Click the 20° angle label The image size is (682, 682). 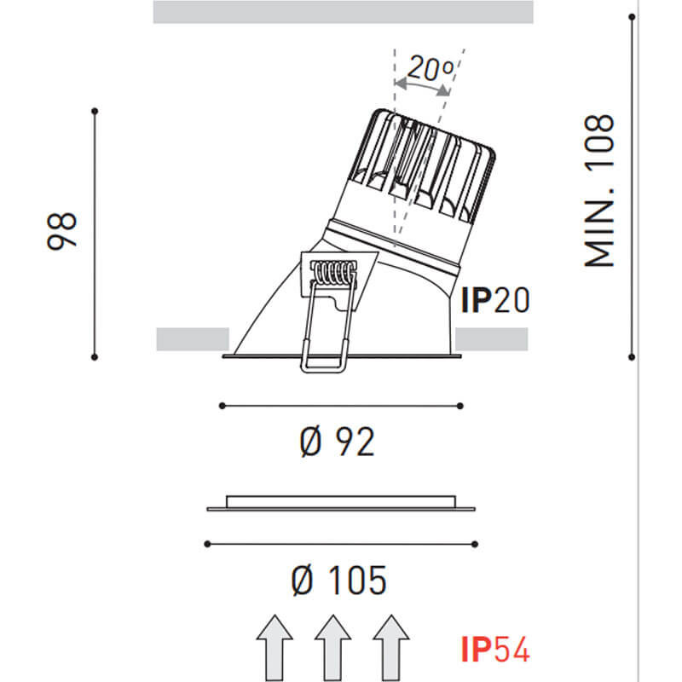(429, 67)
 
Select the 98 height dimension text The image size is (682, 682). (62, 230)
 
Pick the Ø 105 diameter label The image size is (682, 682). (338, 581)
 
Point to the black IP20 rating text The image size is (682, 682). (495, 300)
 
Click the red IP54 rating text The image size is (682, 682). (495, 650)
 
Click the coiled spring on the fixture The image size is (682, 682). (333, 274)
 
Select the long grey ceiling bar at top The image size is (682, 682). (343, 12)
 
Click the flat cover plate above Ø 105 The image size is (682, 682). (341, 504)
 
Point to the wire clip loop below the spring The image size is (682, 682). (323, 341)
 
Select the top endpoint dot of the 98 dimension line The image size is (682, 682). (95, 110)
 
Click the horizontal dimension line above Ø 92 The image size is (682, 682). (341, 405)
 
